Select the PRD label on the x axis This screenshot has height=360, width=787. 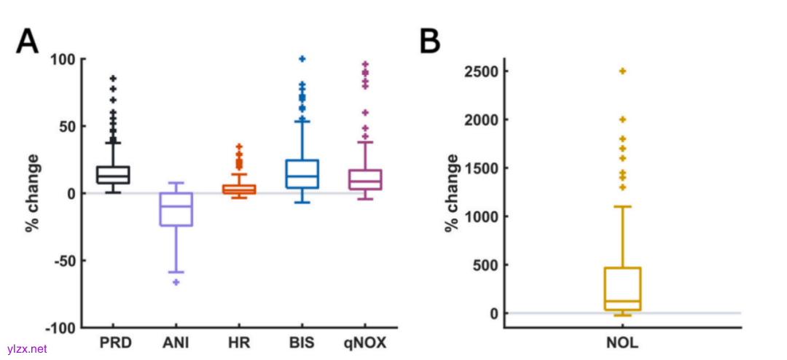(113, 342)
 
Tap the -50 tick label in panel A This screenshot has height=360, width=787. (63, 261)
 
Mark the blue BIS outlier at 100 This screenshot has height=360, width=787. (302, 59)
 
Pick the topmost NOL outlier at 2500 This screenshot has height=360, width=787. (623, 71)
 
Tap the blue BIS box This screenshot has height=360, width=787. (302, 174)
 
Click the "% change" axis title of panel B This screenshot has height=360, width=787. (452, 193)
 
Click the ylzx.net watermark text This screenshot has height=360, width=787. (27, 349)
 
